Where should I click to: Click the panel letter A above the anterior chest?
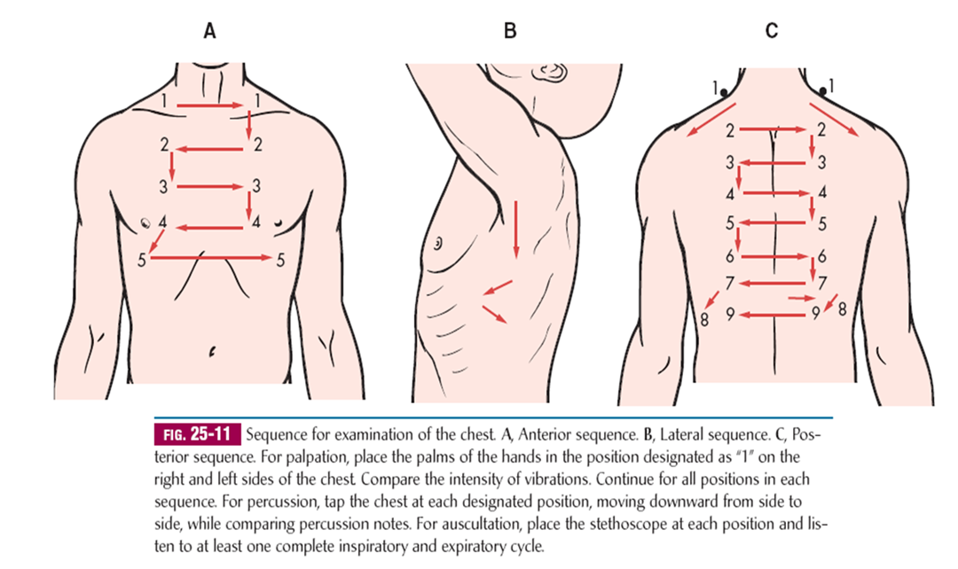[209, 32]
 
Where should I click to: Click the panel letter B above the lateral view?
[509, 32]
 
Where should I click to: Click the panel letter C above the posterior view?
[771, 32]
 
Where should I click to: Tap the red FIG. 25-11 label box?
[199, 436]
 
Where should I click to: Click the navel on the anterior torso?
[211, 352]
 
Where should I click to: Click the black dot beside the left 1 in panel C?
[725, 91]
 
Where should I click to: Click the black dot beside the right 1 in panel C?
[821, 90]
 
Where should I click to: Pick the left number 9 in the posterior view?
[729, 313]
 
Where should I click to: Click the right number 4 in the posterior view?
[822, 192]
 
